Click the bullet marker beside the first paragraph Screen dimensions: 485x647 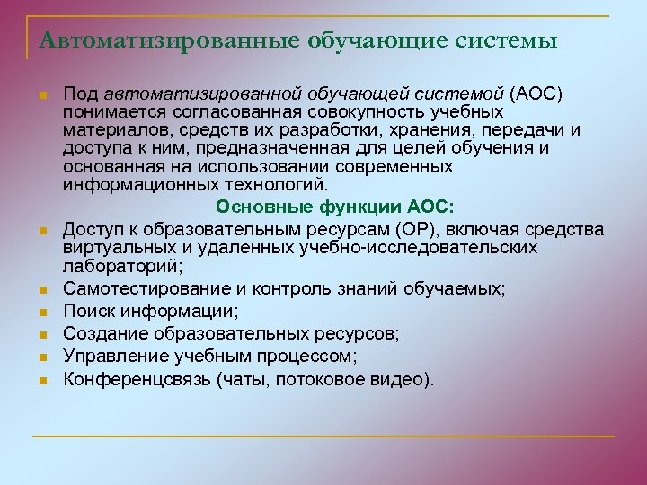(42, 95)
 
